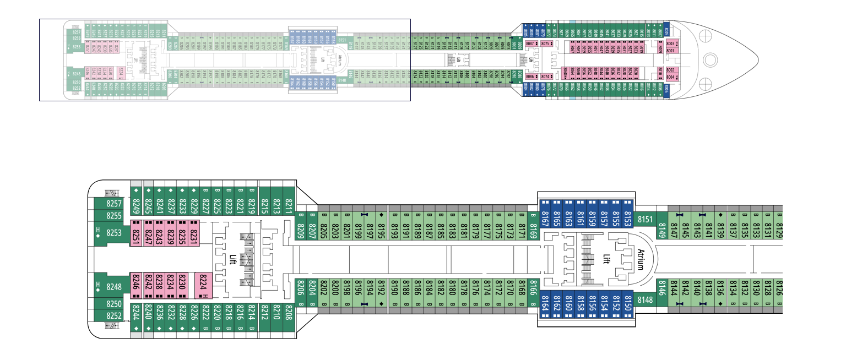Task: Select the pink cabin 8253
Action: click(113, 233)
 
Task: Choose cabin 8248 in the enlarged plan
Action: click(113, 287)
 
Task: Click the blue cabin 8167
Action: click(545, 209)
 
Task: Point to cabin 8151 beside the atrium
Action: click(645, 220)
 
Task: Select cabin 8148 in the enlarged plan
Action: click(645, 300)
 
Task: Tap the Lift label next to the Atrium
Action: click(605, 259)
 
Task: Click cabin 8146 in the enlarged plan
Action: click(662, 287)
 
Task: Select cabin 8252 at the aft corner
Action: click(113, 315)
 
